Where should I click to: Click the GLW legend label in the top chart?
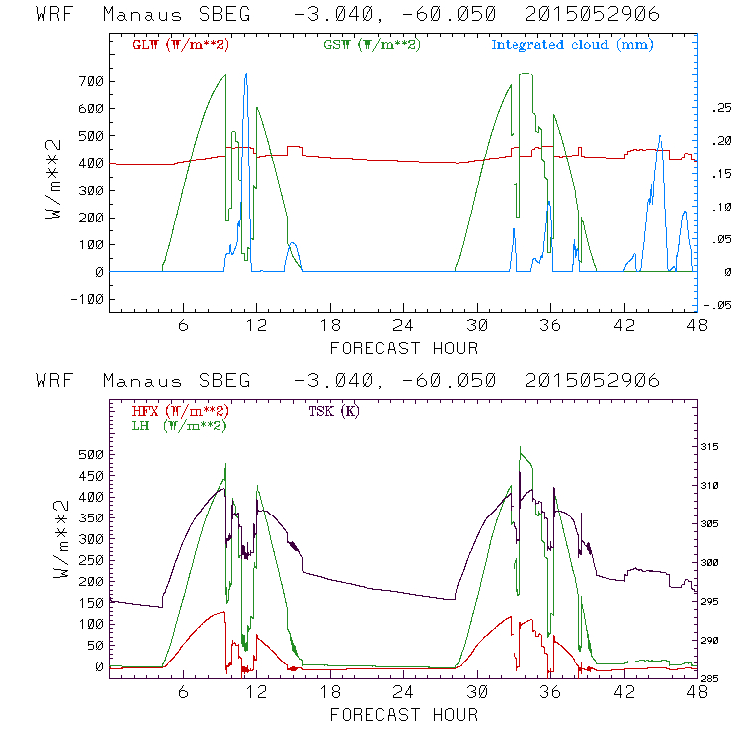(x=175, y=45)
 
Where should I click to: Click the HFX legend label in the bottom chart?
(x=175, y=411)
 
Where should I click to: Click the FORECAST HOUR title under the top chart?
(x=403, y=348)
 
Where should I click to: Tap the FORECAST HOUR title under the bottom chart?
(x=403, y=715)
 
